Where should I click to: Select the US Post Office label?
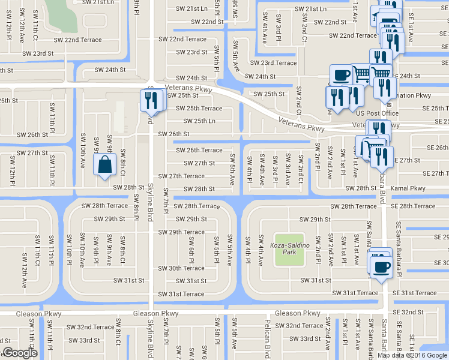(378, 113)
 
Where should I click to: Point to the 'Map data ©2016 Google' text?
(412, 355)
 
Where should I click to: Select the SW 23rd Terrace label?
(274, 63)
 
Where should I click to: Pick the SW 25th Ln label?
(196, 121)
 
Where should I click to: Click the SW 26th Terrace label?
(199, 151)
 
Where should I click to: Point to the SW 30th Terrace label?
(181, 268)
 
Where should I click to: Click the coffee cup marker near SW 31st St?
(380, 266)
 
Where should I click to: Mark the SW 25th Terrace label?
(199, 109)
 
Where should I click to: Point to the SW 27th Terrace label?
(181, 176)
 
